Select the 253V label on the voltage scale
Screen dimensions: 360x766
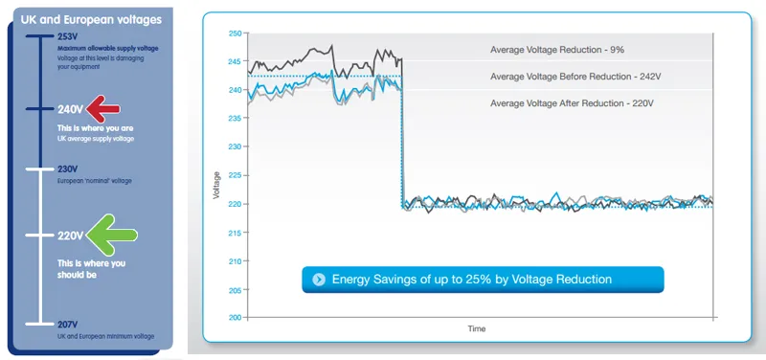tap(67, 36)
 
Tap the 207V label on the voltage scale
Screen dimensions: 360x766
tap(67, 324)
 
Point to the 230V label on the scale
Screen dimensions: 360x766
tap(67, 169)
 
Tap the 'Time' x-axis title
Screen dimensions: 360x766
tap(476, 328)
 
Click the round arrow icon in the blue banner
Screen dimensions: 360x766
tap(317, 280)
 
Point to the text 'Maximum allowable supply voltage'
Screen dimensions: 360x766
tap(107, 48)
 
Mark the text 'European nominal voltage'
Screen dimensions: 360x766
tap(94, 180)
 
